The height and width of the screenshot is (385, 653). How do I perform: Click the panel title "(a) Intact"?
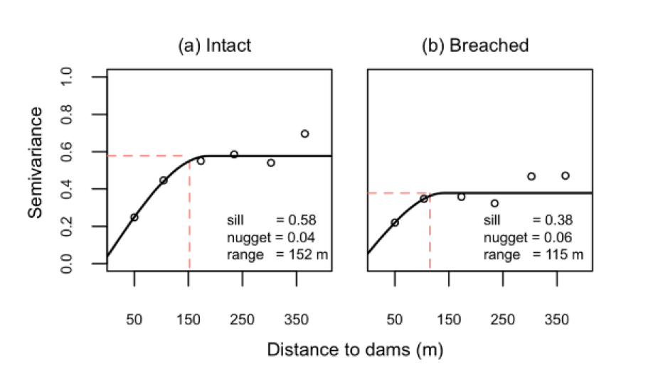click(214, 46)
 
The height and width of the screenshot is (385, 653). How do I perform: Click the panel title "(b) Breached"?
click(476, 46)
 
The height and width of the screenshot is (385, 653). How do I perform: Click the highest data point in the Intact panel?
click(304, 134)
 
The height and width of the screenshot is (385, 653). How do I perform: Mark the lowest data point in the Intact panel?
click(134, 217)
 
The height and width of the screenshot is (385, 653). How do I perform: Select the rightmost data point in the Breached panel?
click(565, 175)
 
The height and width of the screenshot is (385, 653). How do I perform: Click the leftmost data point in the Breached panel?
click(395, 222)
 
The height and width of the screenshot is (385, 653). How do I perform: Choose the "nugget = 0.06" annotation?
click(529, 237)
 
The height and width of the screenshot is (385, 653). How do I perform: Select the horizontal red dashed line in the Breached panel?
click(398, 192)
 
